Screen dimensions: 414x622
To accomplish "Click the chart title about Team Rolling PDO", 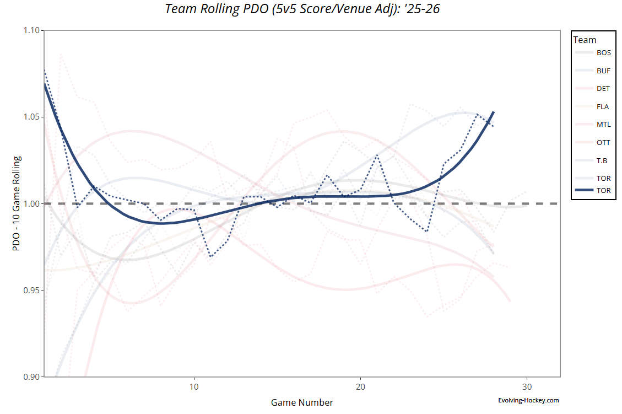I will point(302,9).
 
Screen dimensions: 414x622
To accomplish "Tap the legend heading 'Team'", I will point(585,40).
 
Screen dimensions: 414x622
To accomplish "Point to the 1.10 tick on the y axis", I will point(32,30).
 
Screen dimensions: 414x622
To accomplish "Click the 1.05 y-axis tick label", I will point(32,117).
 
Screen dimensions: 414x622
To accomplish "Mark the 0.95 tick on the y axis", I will point(32,290).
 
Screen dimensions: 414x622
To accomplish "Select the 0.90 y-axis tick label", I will point(32,377).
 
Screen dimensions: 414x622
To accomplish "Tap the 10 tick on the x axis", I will point(194,386).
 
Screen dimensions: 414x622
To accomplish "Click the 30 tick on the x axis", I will point(527,386).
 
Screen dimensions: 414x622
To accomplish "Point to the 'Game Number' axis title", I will point(302,402).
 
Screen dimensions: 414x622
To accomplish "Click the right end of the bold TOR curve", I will point(493,112).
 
